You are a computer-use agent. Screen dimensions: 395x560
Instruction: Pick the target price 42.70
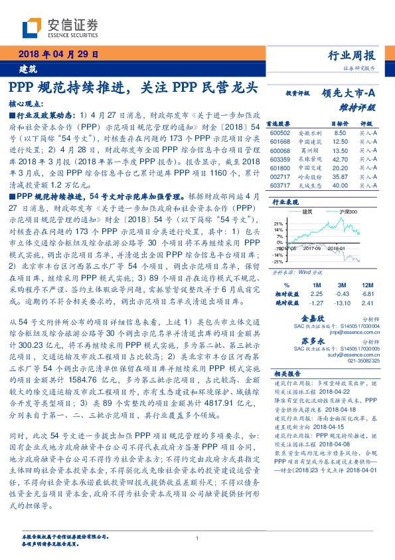341,160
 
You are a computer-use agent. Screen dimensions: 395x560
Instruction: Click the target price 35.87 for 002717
341,177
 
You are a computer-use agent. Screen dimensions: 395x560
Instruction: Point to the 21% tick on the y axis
279,223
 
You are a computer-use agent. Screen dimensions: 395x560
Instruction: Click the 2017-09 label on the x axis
312,247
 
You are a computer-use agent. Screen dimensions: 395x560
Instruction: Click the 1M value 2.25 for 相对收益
316,293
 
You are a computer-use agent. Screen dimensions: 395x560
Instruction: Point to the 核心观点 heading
27,104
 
